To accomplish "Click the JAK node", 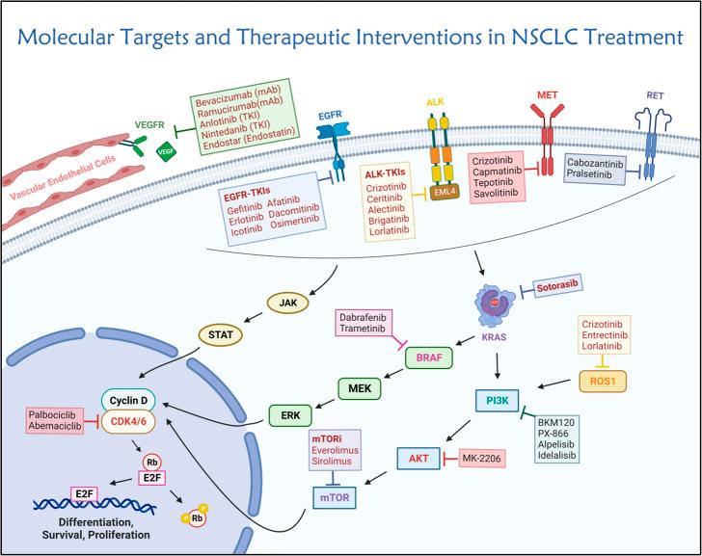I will coord(287,301).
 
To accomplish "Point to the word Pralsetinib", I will coord(602,177).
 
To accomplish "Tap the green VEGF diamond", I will coord(165,150).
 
